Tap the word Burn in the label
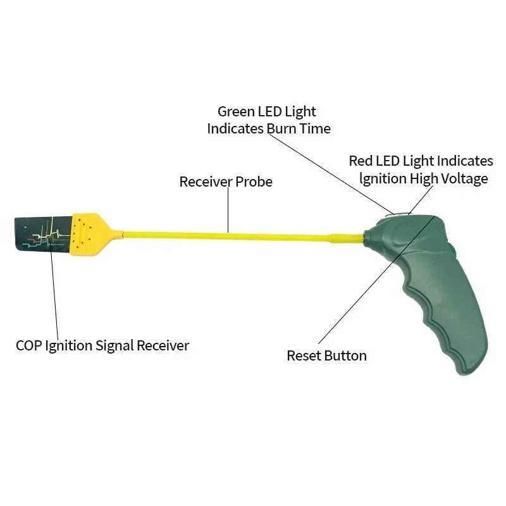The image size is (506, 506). point(281,129)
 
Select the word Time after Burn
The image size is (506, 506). point(315,129)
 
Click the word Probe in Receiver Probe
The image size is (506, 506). point(254,182)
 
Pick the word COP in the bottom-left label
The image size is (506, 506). point(28,345)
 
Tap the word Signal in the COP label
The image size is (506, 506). point(114,346)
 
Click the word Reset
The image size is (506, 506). point(304,356)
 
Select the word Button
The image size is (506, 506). point(345,356)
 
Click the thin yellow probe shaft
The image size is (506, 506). point(242,235)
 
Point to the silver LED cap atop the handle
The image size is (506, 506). point(401,214)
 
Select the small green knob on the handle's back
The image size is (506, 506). point(452,249)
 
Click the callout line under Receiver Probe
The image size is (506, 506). point(228,210)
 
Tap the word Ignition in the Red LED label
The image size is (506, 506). point(383,179)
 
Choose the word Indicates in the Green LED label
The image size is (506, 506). point(235,129)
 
